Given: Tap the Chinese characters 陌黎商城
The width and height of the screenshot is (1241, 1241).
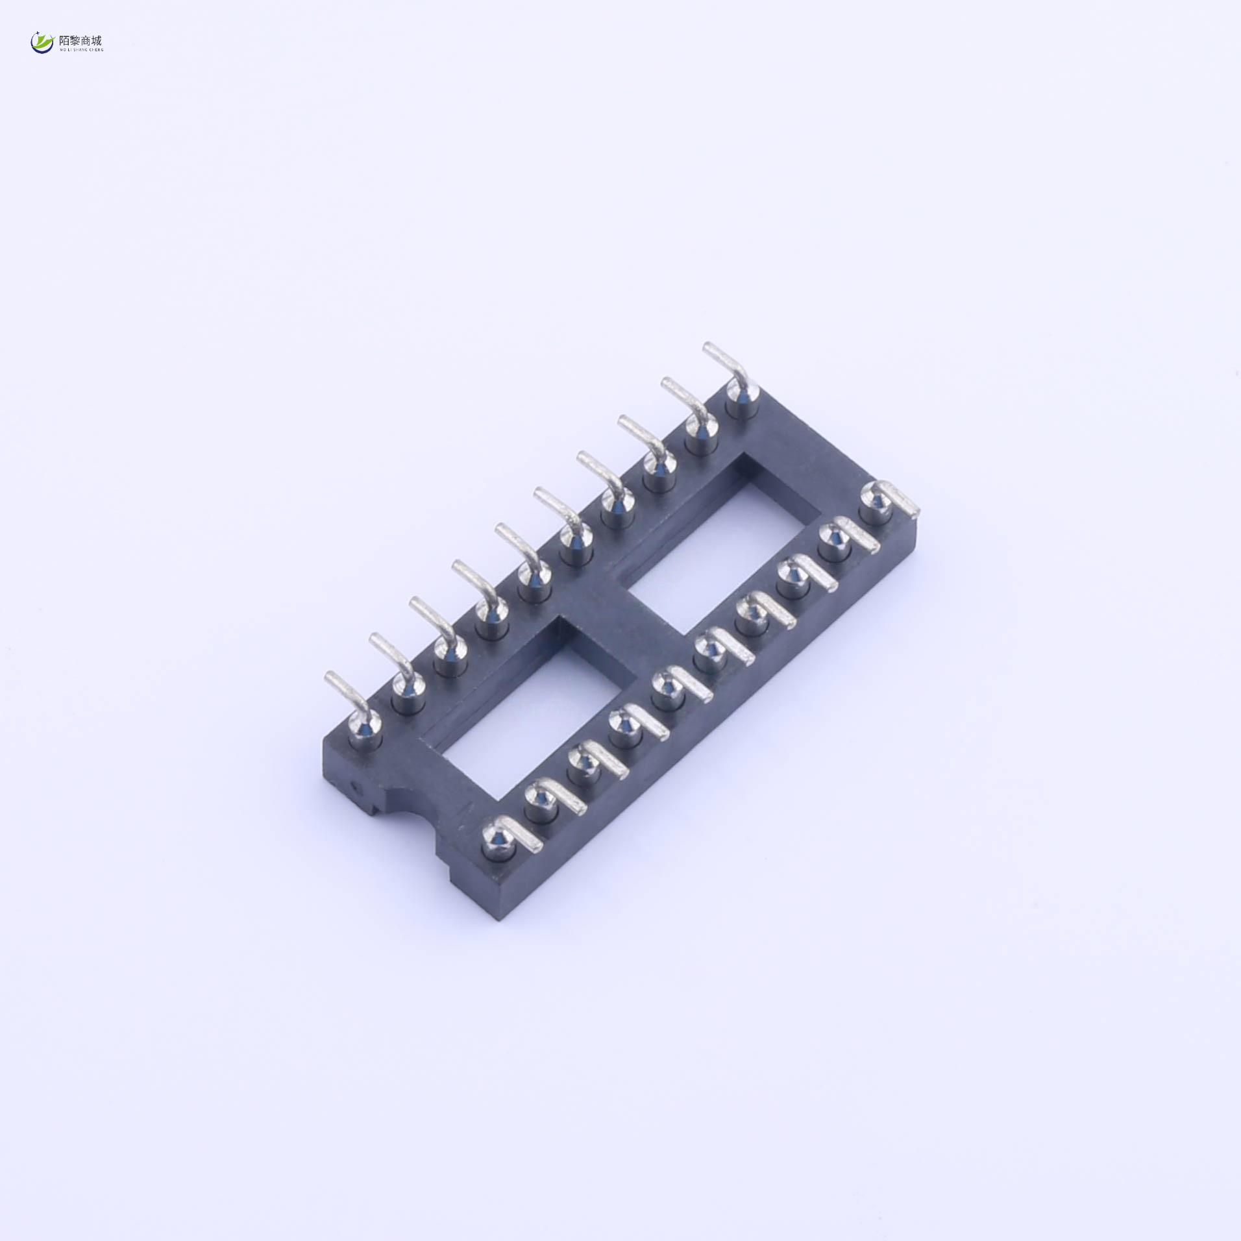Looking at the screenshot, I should (80, 40).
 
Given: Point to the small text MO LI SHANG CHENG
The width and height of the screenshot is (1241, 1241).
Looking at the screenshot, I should (80, 49).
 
